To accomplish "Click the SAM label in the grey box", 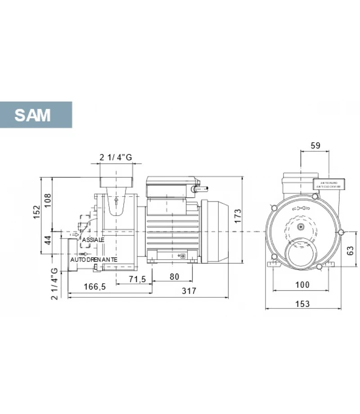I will pos(32,115).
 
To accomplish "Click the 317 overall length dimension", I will pos(189,291).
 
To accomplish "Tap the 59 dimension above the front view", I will pos(315,145).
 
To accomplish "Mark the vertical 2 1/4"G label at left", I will pos(54,283).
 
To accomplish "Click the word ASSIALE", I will pos(93,240).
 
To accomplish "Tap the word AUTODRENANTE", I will pos(94,260).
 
